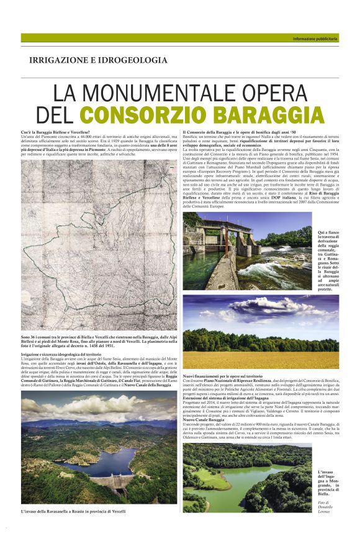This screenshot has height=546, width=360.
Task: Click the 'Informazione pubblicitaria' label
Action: click(x=315, y=39)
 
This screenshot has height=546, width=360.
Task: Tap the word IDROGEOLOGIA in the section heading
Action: click(x=137, y=60)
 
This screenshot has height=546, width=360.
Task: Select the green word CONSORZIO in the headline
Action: click(x=146, y=116)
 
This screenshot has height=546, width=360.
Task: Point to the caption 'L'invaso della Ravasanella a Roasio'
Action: click(x=73, y=511)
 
